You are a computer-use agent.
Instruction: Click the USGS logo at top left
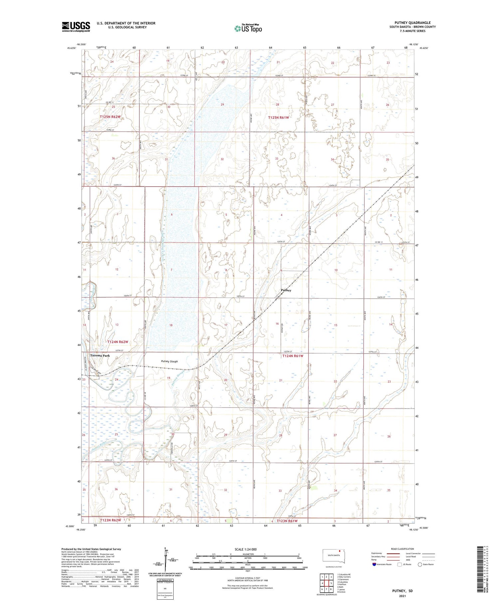click(76, 27)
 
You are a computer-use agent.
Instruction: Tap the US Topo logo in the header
click(248, 29)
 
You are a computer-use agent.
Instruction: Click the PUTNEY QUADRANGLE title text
click(413, 23)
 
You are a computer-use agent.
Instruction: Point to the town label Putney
click(286, 290)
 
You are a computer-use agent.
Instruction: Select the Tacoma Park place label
click(100, 356)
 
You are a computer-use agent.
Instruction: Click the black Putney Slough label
click(169, 361)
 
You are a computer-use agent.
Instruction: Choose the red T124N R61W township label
click(293, 356)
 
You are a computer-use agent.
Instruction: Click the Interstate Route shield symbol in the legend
click(374, 564)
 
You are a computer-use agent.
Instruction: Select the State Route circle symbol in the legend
click(420, 564)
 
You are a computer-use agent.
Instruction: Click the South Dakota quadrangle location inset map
click(334, 556)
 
